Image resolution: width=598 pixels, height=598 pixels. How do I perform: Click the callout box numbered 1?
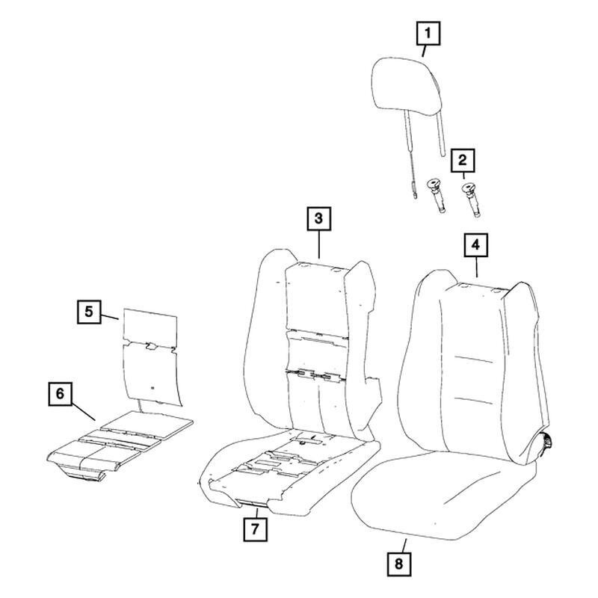[428, 34]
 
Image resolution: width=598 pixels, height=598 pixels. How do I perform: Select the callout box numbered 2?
[463, 160]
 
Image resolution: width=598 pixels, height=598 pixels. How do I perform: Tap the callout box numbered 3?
[319, 219]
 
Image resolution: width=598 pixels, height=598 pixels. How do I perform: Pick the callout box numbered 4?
[475, 245]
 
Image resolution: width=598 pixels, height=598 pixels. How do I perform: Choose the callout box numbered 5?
[89, 312]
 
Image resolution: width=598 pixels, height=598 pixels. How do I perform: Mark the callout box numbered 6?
[61, 394]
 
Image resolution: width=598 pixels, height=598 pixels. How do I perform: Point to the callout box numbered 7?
[255, 529]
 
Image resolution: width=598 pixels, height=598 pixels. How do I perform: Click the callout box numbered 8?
[399, 564]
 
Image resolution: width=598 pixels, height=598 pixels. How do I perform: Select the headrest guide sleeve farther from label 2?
[438, 196]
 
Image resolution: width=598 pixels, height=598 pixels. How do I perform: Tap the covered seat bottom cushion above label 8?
[443, 496]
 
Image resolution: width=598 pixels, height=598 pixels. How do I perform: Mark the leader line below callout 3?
[319, 244]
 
